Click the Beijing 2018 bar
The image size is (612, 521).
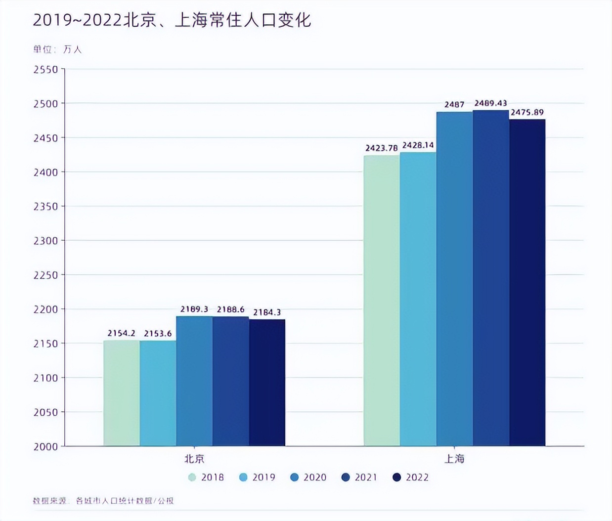click(x=122, y=393)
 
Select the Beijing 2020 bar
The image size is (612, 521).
click(x=194, y=381)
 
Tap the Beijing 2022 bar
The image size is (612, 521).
click(x=267, y=383)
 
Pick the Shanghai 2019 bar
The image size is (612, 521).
click(x=418, y=299)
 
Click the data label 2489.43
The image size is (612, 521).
click(x=490, y=103)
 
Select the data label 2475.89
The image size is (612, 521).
click(x=527, y=112)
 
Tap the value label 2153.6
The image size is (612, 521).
click(x=158, y=333)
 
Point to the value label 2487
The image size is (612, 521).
click(x=454, y=104)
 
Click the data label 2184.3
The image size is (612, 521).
click(x=267, y=312)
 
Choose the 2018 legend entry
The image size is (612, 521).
click(x=206, y=477)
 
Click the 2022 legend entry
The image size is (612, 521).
click(x=411, y=477)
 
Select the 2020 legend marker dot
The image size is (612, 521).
click(x=295, y=477)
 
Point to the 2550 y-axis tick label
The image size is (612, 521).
click(x=45, y=70)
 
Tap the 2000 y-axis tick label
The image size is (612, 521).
click(x=45, y=446)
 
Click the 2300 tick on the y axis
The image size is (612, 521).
click(x=45, y=241)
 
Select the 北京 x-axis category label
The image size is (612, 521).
click(x=194, y=459)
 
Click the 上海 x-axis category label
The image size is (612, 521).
click(x=454, y=459)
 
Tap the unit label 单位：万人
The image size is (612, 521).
click(x=57, y=49)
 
